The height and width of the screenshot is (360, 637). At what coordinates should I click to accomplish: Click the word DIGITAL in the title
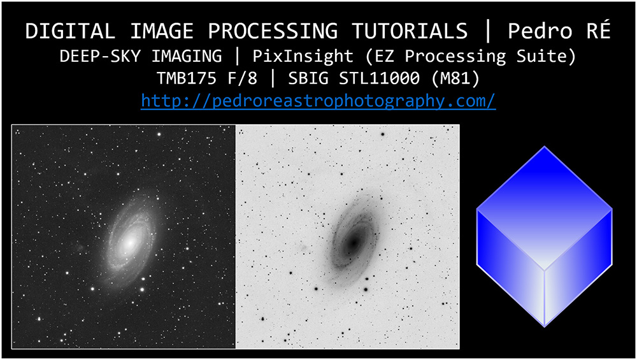tap(70, 31)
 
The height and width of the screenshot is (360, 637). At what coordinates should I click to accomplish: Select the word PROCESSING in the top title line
tap(272, 31)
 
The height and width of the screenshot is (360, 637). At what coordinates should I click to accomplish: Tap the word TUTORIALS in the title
tap(410, 31)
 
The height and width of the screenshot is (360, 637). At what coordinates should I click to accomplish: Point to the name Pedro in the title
tap(540, 31)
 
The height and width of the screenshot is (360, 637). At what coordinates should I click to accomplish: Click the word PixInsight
tap(303, 57)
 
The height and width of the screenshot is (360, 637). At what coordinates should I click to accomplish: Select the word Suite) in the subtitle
tap(547, 57)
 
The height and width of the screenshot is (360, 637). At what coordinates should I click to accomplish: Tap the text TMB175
tap(187, 78)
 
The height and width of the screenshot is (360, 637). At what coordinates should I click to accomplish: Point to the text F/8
tap(243, 78)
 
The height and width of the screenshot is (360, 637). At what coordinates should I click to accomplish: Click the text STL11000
tap(379, 78)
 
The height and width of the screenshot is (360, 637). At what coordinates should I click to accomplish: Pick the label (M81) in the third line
tap(455, 78)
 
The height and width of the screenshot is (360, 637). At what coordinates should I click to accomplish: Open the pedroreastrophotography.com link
tap(318, 101)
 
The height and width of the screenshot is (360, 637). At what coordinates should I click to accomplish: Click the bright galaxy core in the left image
tap(129, 242)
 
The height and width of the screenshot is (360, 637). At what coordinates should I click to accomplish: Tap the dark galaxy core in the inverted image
tap(354, 243)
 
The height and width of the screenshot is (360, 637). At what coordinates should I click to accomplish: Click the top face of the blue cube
tap(545, 208)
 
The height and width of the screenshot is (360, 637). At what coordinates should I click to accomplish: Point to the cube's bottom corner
tap(545, 326)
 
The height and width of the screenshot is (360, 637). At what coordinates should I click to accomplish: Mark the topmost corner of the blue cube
tap(545, 147)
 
